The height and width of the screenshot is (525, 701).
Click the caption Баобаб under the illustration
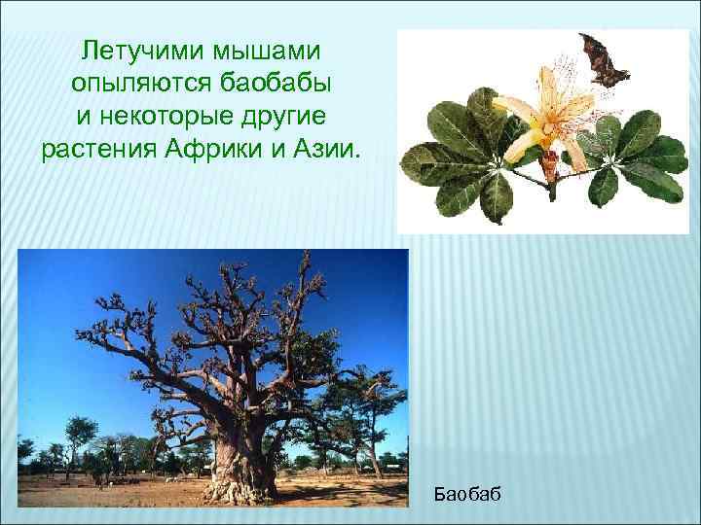click(468, 495)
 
